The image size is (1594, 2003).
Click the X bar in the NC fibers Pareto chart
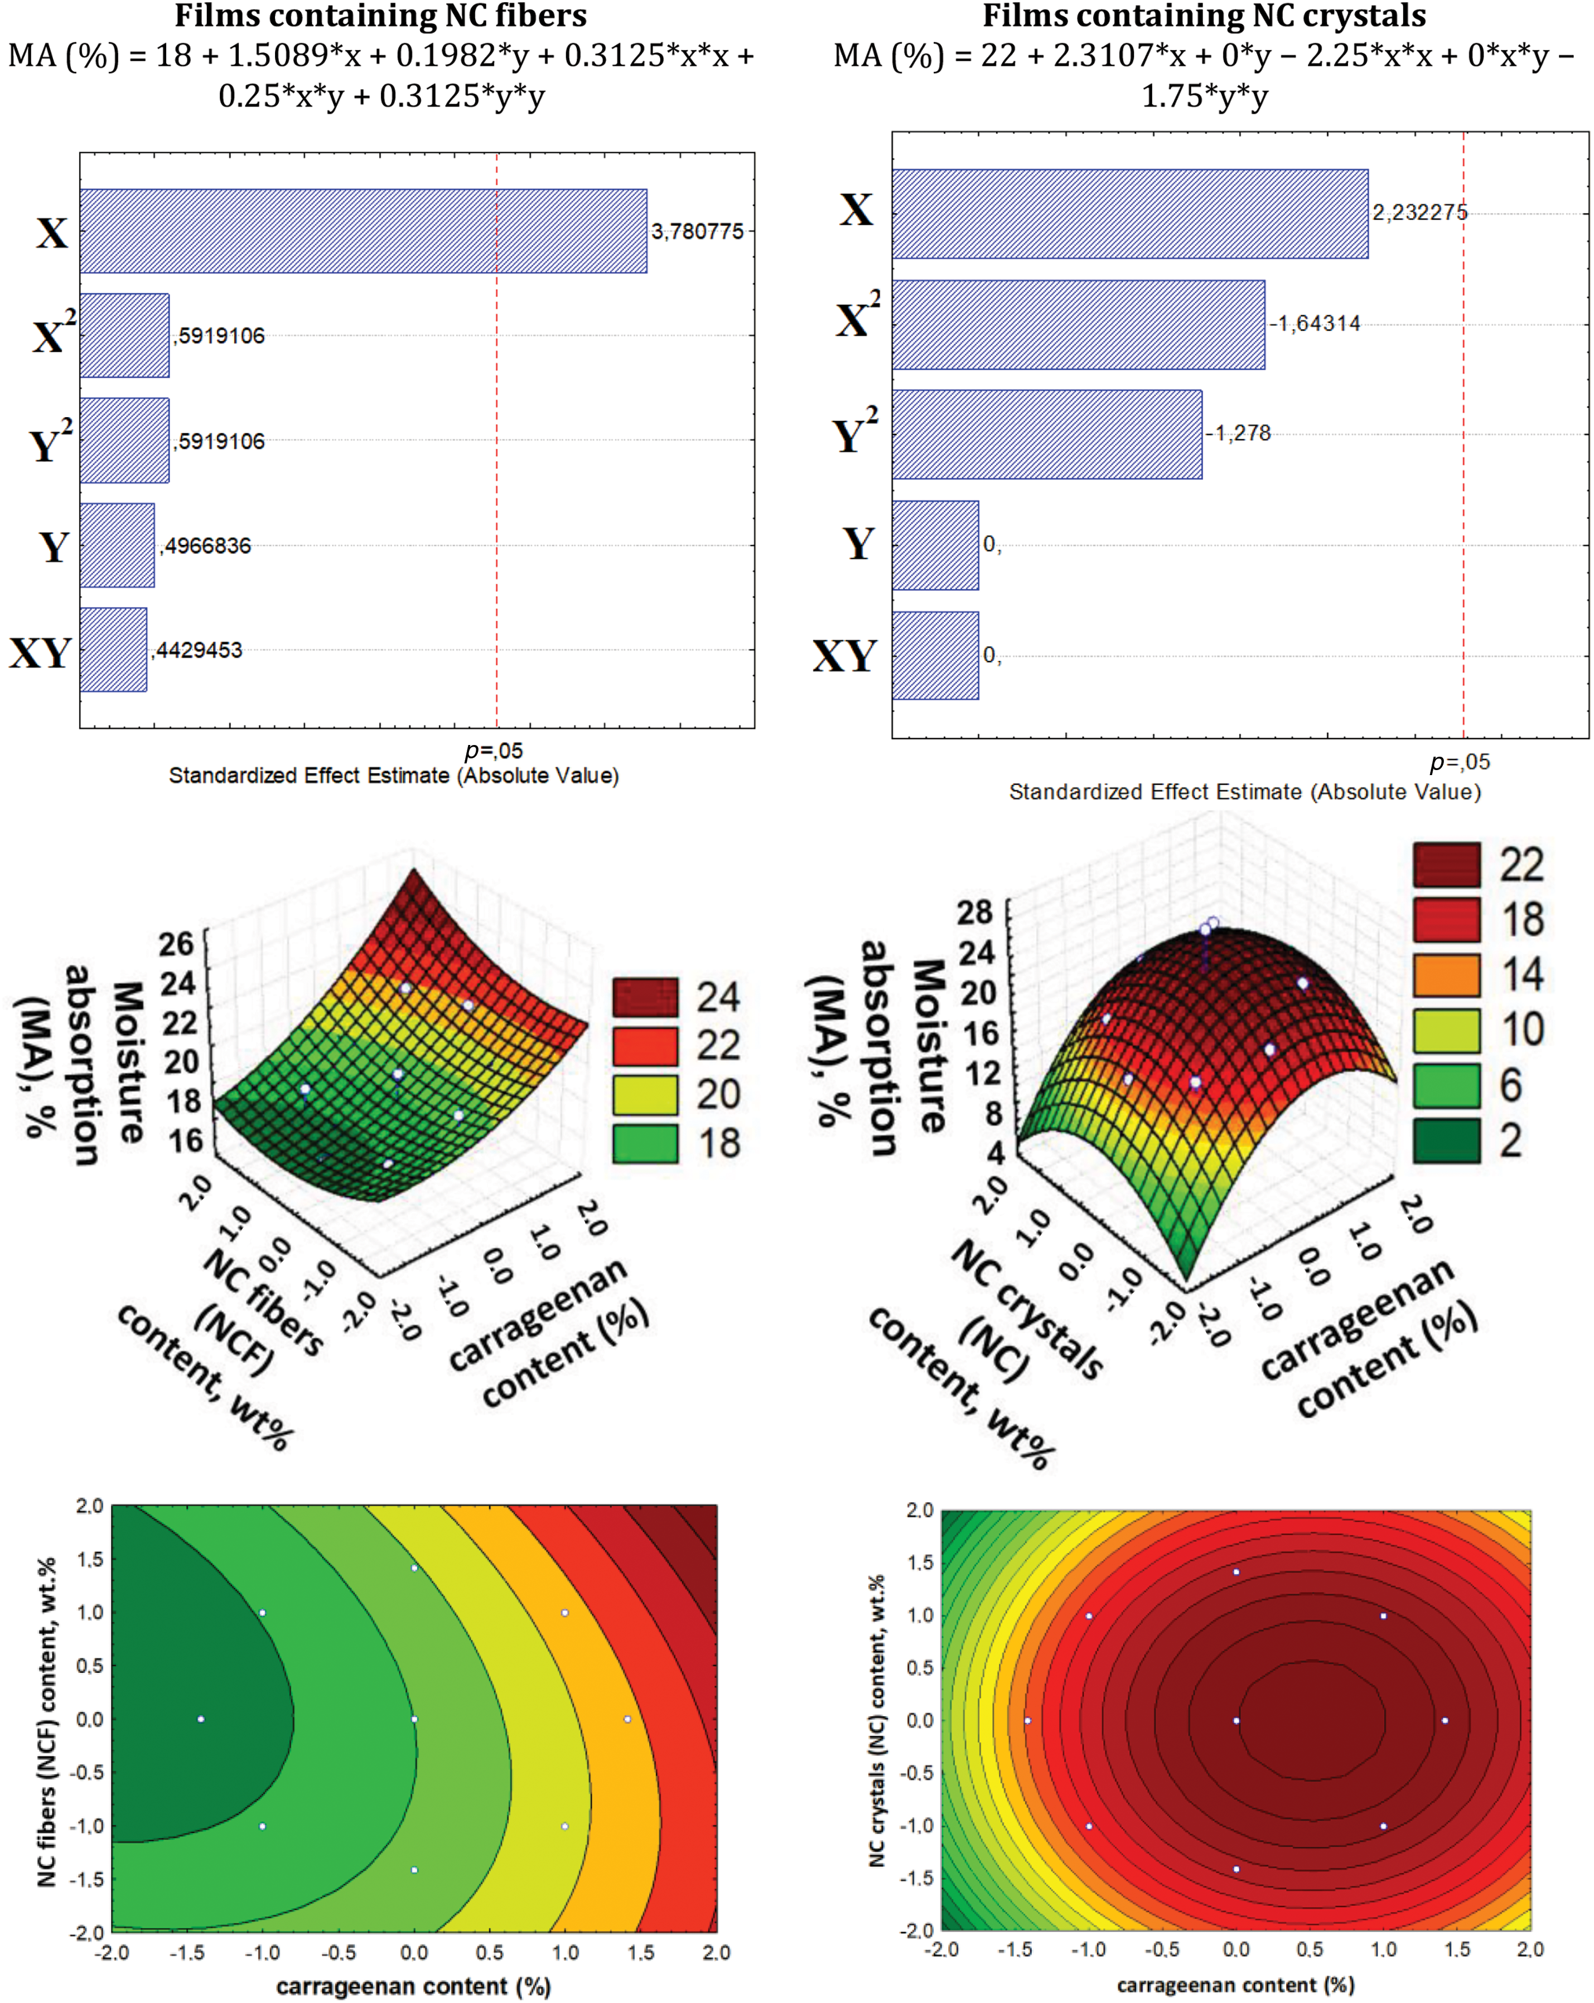(x=363, y=231)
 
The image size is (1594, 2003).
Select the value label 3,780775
(x=697, y=231)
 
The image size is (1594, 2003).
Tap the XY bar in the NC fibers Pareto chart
(x=113, y=650)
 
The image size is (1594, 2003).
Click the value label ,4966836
(x=205, y=545)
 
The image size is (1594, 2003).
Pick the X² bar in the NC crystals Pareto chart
(x=1078, y=324)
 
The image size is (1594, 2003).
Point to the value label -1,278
(x=1238, y=433)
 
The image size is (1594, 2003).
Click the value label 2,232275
(x=1419, y=213)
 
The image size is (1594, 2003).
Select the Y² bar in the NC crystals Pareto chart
(x=1046, y=434)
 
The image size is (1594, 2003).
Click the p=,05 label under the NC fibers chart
(x=494, y=750)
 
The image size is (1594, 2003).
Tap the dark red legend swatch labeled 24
(x=645, y=997)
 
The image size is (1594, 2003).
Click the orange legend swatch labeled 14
(x=1446, y=975)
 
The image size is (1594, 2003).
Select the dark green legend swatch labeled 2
(x=1446, y=1141)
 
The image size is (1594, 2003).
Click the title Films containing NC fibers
(x=380, y=16)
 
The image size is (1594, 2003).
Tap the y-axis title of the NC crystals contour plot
(x=876, y=1720)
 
